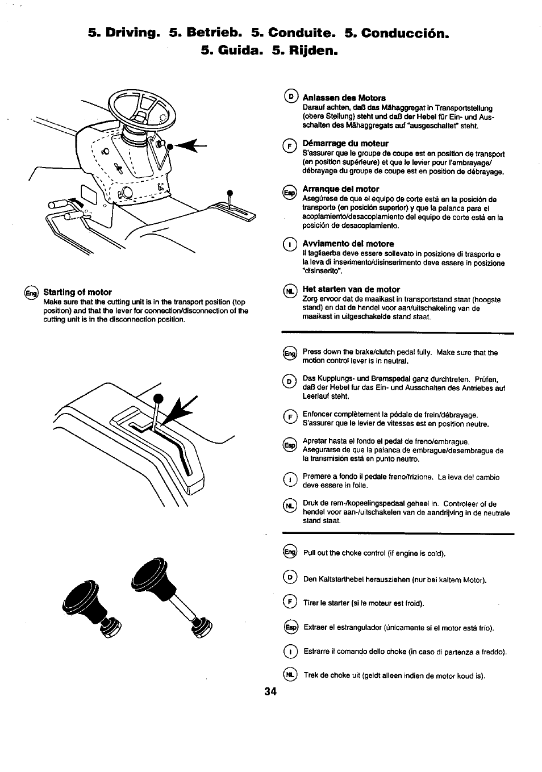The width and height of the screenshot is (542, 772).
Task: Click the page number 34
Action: [x=270, y=691]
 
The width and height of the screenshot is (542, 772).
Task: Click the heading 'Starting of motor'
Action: [x=77, y=292]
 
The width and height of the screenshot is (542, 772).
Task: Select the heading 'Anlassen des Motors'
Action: [x=344, y=98]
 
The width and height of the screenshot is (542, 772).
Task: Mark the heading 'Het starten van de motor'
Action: [x=351, y=289]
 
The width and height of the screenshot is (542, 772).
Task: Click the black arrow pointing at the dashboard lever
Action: [x=187, y=147]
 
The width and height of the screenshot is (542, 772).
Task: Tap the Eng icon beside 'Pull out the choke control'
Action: [x=290, y=552]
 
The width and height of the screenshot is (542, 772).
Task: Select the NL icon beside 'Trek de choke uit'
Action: [x=290, y=675]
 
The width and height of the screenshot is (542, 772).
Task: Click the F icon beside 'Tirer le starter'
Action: [x=290, y=603]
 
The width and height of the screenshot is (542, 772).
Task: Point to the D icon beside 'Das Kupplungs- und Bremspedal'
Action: [x=290, y=381]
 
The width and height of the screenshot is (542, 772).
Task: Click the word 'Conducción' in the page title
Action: [x=401, y=32]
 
